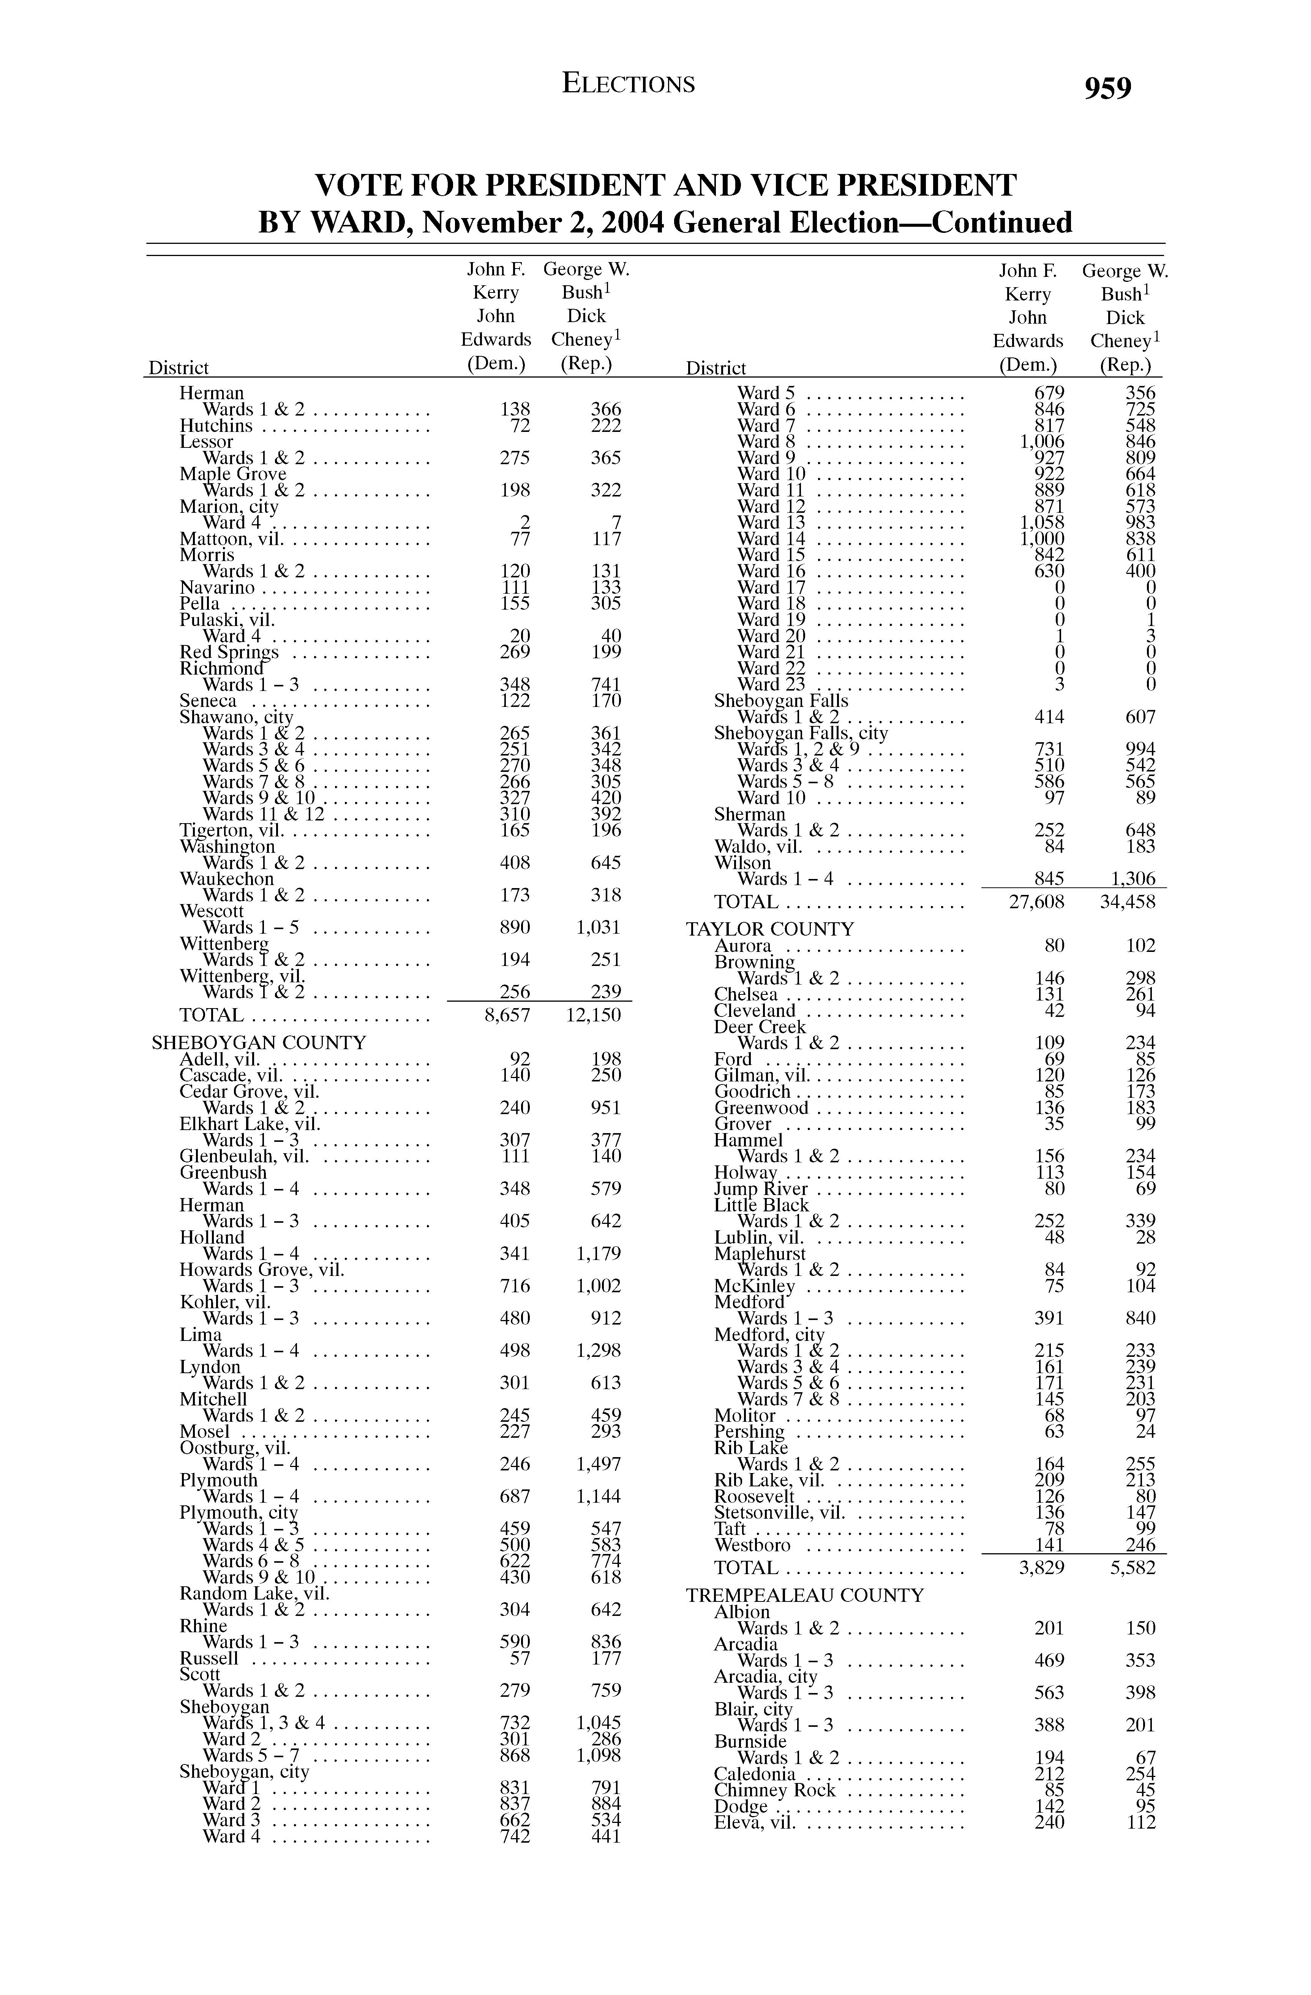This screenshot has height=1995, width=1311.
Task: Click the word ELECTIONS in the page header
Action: [x=629, y=84]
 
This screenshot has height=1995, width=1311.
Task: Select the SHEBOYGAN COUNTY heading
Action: [x=259, y=1043]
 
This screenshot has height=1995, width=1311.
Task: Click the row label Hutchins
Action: [x=215, y=426]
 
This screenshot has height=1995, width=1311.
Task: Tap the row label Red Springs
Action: [x=229, y=652]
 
